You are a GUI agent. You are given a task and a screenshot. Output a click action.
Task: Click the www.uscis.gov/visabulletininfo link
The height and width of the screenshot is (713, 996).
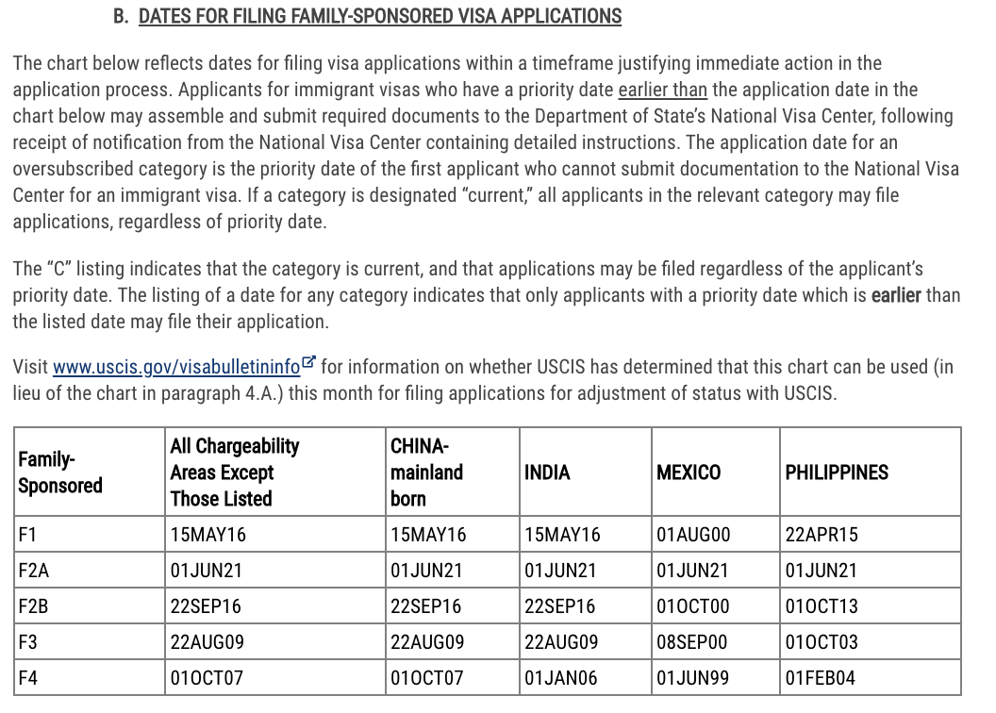click(x=176, y=367)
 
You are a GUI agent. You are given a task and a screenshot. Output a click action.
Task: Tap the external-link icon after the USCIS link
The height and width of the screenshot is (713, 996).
click(x=308, y=364)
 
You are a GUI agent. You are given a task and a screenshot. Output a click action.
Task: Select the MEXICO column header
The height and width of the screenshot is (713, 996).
click(x=689, y=473)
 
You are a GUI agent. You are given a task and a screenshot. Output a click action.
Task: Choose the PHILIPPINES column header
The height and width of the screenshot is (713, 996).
click(x=837, y=473)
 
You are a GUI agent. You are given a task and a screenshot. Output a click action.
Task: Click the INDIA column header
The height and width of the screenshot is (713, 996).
click(x=547, y=473)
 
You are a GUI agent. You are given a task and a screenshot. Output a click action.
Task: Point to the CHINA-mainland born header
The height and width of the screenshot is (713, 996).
click(x=426, y=472)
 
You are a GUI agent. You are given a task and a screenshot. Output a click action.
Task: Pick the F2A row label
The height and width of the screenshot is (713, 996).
click(x=33, y=571)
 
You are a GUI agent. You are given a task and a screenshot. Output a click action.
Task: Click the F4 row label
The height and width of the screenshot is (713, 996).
click(x=27, y=678)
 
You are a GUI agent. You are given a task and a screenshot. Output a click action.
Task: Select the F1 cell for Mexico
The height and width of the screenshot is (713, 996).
click(x=693, y=535)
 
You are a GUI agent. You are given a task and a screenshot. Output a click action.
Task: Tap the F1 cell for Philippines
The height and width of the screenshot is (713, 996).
click(x=822, y=535)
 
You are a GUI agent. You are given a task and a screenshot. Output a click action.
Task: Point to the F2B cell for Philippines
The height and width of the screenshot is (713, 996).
click(x=822, y=606)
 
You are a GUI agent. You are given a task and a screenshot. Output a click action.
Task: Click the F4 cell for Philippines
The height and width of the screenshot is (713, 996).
click(x=821, y=678)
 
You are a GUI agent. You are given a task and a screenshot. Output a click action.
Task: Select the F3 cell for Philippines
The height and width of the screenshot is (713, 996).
click(x=822, y=642)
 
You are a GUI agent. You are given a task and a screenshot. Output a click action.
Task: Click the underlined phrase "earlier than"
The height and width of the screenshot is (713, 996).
click(x=662, y=91)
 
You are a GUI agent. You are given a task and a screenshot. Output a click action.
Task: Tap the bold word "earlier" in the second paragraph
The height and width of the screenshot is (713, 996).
click(x=896, y=295)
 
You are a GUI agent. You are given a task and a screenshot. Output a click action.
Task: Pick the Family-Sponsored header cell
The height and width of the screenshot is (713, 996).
click(x=60, y=473)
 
